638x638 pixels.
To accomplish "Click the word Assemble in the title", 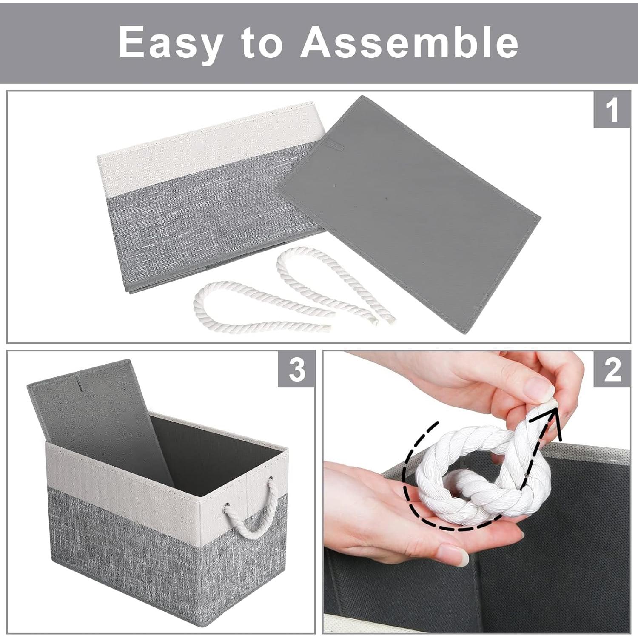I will coord(410,43).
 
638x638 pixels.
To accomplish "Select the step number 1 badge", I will coord(612,110).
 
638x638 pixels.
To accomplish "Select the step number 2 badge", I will coord(612,369).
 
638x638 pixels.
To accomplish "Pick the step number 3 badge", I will coord(296,369).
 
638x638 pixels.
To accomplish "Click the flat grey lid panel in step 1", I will coord(408,213).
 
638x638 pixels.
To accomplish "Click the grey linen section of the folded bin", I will coord(191,217).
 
